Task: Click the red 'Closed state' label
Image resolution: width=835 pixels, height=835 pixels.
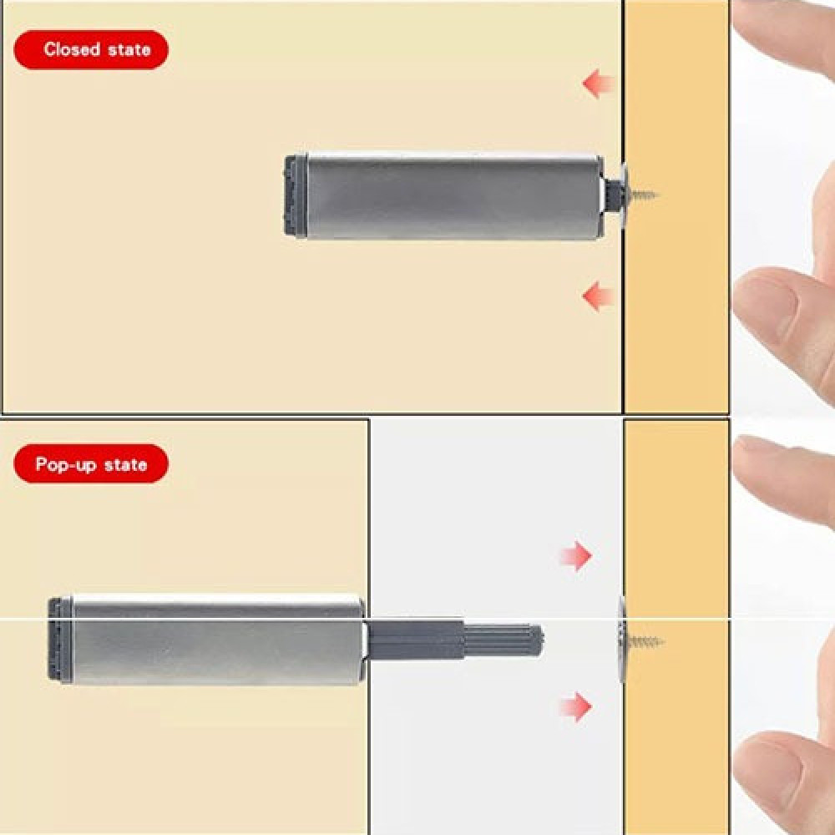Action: coord(91,49)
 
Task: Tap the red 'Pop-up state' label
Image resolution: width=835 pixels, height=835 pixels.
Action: coord(91,463)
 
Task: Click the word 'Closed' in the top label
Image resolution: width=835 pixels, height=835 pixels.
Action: coord(72,49)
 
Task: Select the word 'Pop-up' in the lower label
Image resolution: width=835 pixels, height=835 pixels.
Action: coord(66,464)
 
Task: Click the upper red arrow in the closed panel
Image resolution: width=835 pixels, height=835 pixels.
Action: coord(599,83)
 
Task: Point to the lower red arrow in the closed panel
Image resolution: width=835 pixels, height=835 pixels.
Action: coord(599,296)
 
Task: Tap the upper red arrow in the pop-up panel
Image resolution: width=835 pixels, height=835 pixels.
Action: coord(575,556)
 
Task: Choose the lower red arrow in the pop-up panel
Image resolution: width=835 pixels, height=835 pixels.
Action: coord(575,706)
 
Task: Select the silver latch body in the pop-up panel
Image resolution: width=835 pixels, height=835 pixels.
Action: coord(218,639)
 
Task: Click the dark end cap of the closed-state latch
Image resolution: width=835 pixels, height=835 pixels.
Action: coord(296,196)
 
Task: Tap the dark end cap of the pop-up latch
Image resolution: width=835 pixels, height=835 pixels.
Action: coord(60,639)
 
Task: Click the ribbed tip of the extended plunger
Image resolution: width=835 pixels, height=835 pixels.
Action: coord(504,640)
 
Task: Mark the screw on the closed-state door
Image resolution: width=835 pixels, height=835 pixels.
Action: coord(639,195)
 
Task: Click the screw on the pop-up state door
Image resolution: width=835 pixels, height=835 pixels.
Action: coord(640,640)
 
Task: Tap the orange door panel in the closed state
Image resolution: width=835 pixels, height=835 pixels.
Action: coord(676,206)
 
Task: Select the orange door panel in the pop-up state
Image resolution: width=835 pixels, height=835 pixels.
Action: coord(676,627)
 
